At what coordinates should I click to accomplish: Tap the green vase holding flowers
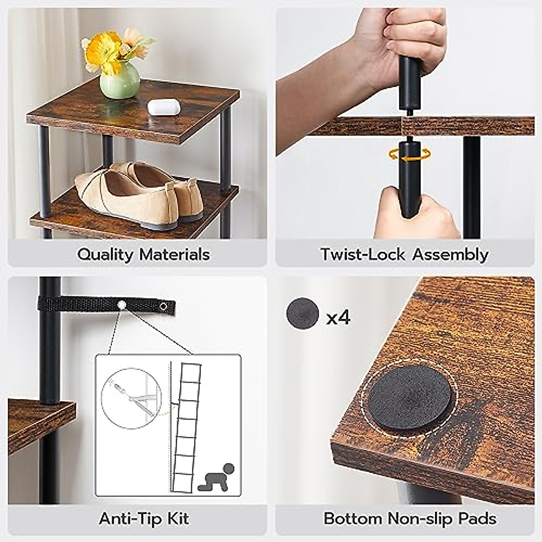[x=120, y=80]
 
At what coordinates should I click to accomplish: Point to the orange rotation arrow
[x=409, y=156]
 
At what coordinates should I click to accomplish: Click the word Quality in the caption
[x=105, y=254]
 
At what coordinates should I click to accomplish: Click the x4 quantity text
[x=338, y=318]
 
